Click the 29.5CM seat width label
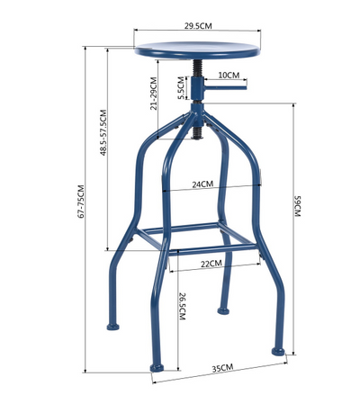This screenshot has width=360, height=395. [198, 26]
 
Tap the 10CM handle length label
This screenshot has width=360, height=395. [229, 75]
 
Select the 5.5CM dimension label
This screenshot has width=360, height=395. [181, 88]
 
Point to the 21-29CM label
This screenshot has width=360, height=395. [154, 94]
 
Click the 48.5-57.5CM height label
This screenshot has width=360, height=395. [103, 132]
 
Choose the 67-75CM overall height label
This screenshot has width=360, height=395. [81, 202]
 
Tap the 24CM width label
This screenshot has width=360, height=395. [202, 184]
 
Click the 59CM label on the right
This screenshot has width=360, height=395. [297, 206]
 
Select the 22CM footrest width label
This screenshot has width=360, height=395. [211, 264]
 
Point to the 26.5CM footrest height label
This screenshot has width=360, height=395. [183, 306]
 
